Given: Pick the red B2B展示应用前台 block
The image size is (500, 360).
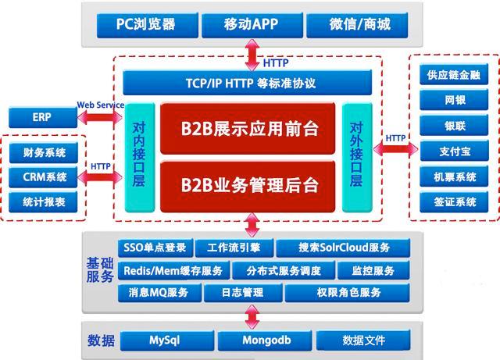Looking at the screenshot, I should coord(248,128).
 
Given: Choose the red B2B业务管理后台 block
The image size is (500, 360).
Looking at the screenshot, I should coord(248,186).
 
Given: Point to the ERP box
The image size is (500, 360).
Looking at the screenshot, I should coord(41,119).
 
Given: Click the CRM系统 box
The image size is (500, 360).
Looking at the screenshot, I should coord(45,177).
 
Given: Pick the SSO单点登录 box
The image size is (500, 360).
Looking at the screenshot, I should coord(154,248).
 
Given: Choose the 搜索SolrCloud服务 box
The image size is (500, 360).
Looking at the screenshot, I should coord(343,248).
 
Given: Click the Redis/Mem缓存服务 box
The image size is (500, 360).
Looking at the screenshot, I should coord(173,271).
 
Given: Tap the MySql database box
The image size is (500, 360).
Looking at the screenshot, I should coord(166,341).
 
